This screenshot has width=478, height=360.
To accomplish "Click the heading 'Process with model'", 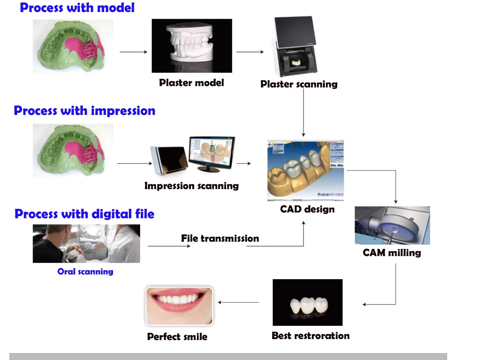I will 77,8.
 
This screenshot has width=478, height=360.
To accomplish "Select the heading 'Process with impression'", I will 84,111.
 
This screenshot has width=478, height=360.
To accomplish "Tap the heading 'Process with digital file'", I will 84,214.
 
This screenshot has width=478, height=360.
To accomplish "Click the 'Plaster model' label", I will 191,83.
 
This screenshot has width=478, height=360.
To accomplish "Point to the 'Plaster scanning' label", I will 299,84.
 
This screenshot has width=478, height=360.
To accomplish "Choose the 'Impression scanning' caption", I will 191,186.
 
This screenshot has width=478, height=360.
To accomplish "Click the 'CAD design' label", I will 307,209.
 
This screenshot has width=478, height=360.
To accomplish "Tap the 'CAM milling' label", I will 392,253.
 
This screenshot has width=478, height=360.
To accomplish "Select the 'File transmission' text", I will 220,238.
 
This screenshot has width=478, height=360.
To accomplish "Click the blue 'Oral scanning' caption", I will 85,271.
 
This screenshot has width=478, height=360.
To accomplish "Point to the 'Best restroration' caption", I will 310,335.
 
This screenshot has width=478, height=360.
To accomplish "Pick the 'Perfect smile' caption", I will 177,336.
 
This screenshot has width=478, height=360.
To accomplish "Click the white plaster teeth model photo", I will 192,46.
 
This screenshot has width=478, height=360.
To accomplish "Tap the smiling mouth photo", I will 179,306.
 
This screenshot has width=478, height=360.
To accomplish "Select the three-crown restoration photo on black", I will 307,302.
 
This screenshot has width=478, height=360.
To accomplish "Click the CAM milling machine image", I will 392,225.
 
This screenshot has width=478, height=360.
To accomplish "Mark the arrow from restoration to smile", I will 238,302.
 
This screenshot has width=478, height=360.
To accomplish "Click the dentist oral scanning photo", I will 86,243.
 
